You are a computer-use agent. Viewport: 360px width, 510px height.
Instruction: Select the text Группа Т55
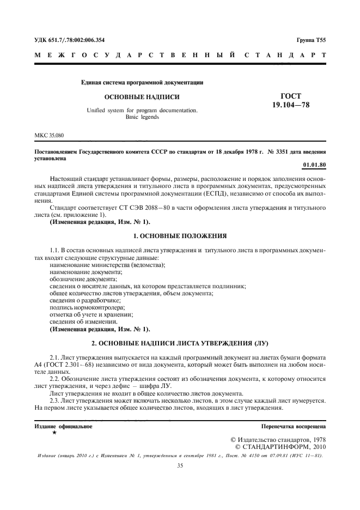coord(311,40)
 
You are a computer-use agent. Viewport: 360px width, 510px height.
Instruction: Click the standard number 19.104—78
coord(290,105)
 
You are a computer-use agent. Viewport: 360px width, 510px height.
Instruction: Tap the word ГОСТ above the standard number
coord(290,96)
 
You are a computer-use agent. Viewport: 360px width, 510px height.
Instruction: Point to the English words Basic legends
coord(142,117)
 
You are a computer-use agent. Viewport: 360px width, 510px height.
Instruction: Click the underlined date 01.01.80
coord(314,165)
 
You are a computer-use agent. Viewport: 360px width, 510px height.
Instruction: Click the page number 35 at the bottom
coord(180,466)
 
